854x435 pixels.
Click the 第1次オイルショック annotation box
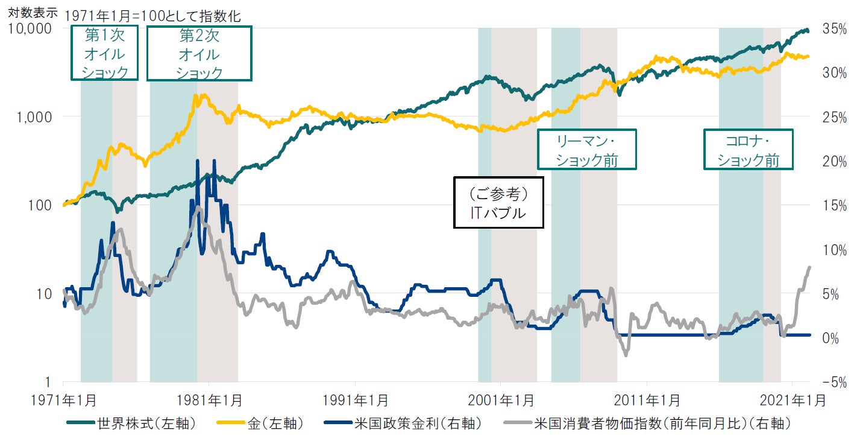click(105, 53)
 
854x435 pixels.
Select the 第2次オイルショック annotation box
click(199, 53)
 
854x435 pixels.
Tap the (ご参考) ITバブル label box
click(498, 202)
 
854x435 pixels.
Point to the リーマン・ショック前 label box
click(586, 149)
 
